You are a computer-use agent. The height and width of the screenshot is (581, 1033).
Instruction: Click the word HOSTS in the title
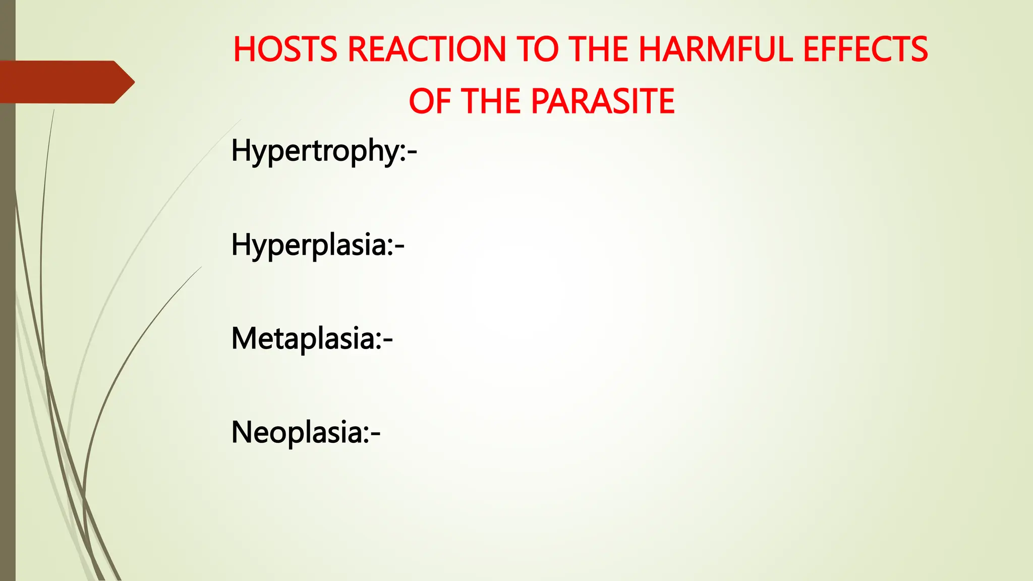(x=285, y=49)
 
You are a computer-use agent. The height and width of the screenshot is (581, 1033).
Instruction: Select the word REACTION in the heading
(x=426, y=49)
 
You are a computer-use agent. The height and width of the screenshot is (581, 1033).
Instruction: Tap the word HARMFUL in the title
(x=716, y=49)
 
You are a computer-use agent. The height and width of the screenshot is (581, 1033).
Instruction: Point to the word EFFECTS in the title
(x=865, y=49)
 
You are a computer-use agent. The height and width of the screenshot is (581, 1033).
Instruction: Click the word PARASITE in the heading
(x=603, y=101)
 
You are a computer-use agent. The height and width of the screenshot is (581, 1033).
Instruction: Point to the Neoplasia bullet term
(x=298, y=432)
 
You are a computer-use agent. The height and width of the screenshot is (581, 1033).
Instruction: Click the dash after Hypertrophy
(x=412, y=153)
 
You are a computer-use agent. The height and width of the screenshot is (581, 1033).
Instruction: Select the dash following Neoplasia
(x=375, y=434)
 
